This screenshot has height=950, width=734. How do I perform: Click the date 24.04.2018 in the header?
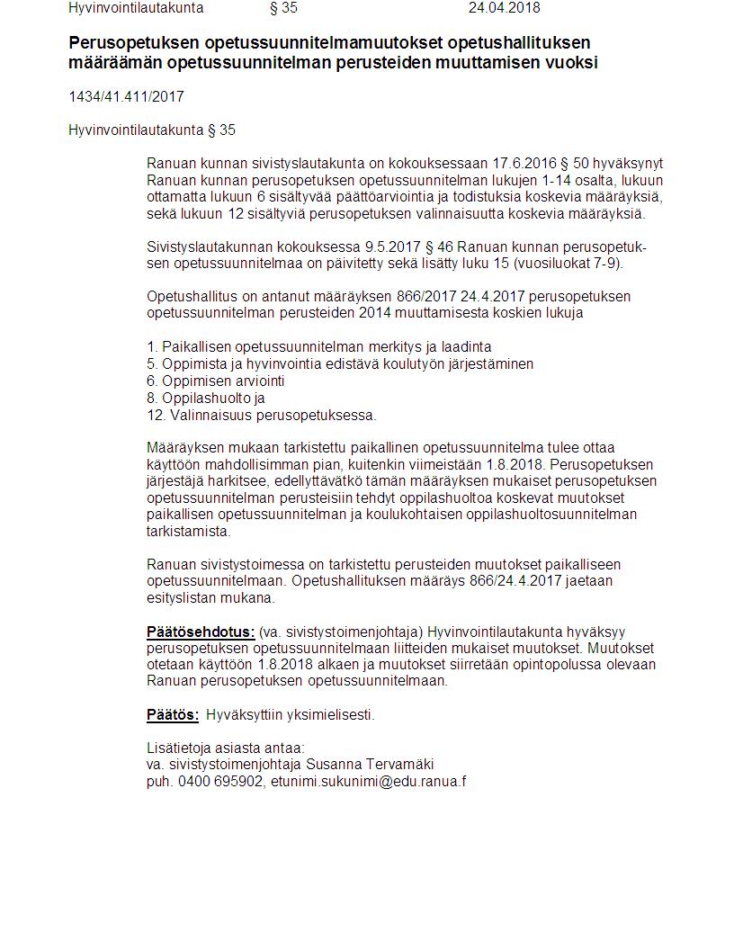click(x=504, y=8)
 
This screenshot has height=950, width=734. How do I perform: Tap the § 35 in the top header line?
click(x=283, y=8)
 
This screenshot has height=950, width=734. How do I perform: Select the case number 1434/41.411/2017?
click(x=126, y=97)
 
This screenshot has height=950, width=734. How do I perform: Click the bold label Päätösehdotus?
click(x=201, y=632)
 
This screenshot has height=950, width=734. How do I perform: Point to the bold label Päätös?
click(x=173, y=715)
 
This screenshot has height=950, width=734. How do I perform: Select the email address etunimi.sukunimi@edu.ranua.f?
click(x=369, y=781)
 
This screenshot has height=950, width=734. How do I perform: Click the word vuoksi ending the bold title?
click(x=572, y=63)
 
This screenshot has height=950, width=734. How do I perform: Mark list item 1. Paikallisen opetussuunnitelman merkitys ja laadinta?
click(x=319, y=346)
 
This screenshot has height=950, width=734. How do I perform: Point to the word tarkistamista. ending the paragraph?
click(x=189, y=531)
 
